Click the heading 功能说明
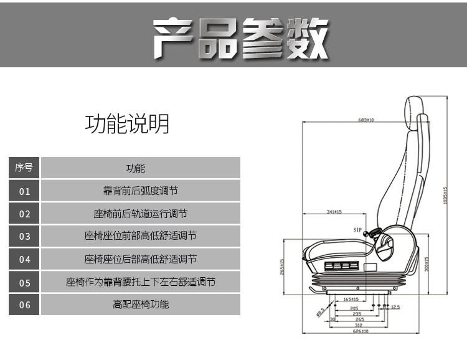click(x=127, y=123)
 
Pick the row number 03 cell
click(x=24, y=237)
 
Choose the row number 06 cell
click(x=24, y=305)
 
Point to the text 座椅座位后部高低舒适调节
click(x=141, y=259)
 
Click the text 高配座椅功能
click(x=141, y=305)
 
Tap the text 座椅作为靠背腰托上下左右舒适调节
click(x=141, y=282)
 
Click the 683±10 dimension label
click(x=366, y=120)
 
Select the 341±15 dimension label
click(x=334, y=212)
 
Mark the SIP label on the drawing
click(x=357, y=230)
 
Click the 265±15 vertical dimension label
click(x=282, y=266)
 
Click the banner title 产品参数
click(x=240, y=39)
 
